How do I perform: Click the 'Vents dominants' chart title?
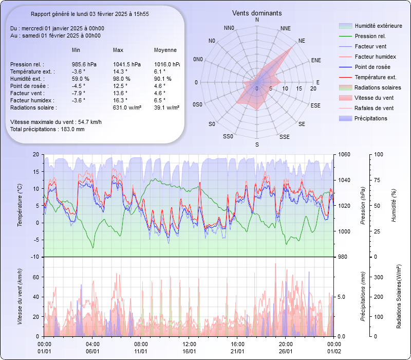257,13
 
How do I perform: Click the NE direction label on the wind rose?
302,40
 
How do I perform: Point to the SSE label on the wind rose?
284,137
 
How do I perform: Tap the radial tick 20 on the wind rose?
313,88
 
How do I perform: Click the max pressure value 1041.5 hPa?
126,64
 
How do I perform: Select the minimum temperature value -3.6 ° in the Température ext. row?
78,71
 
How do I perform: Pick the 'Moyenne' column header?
165,50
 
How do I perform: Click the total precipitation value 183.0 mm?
72,129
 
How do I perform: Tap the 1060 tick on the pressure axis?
344,154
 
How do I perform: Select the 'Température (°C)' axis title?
20,205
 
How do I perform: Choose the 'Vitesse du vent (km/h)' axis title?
20,296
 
